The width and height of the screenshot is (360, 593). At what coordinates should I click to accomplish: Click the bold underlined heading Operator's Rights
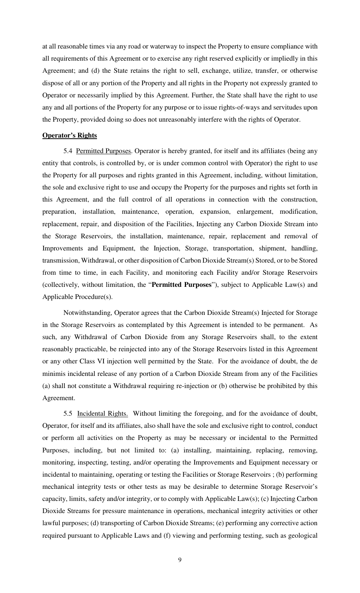pyautogui.click(x=69, y=136)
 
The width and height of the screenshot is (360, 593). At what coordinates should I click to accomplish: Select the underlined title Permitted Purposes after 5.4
pyautogui.click(x=103, y=151)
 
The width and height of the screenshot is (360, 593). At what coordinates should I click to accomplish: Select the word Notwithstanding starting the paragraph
pyautogui.click(x=87, y=313)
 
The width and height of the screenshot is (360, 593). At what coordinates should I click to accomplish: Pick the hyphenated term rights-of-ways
pyautogui.click(x=241, y=108)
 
